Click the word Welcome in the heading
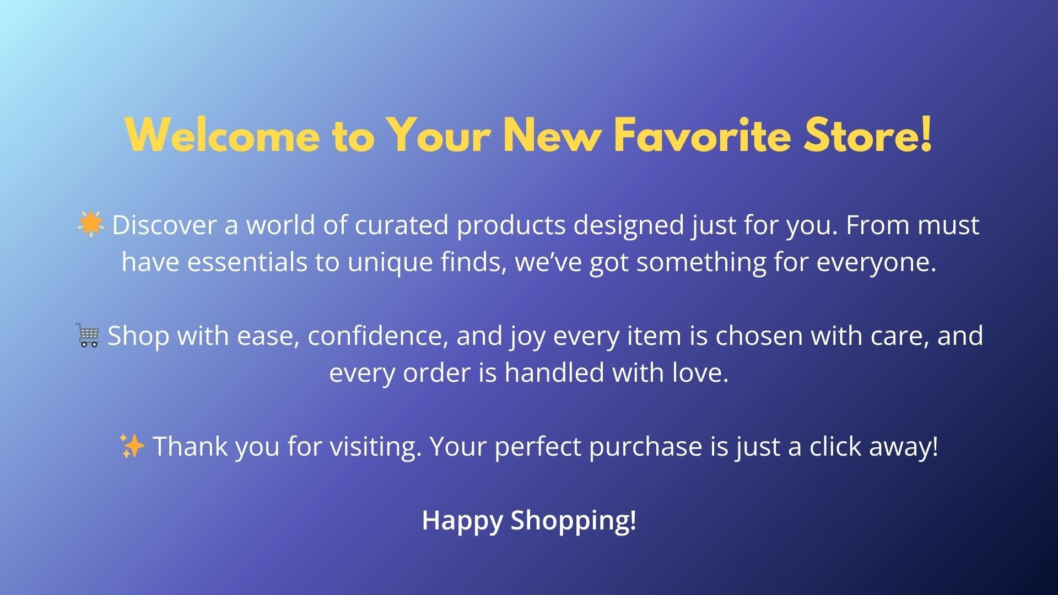click(223, 135)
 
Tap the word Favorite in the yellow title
click(703, 135)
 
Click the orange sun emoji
click(90, 224)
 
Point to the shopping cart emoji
click(88, 336)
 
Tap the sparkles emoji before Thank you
click(132, 446)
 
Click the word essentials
click(247, 262)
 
